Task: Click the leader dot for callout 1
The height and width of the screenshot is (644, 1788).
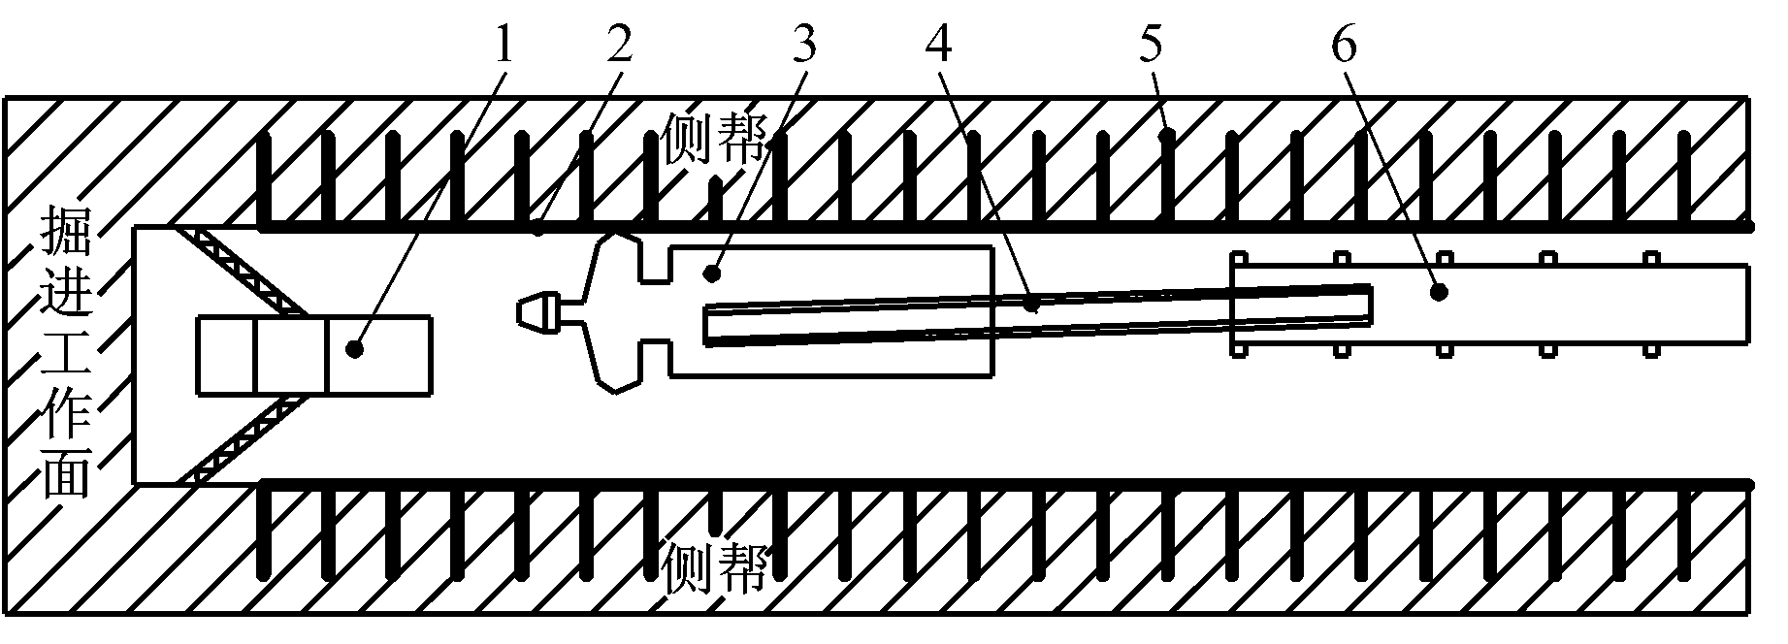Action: coord(356,348)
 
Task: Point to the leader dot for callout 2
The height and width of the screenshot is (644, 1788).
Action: coord(539,231)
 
